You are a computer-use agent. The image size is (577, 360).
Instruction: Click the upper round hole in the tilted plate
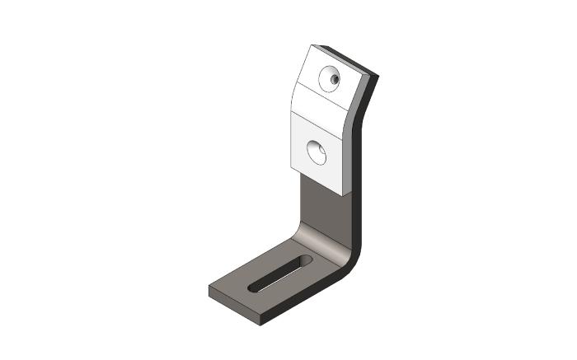point(334,78)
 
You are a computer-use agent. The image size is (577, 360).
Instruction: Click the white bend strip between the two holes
point(321,104)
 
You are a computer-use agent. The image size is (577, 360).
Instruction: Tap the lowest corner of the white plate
point(343,194)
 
